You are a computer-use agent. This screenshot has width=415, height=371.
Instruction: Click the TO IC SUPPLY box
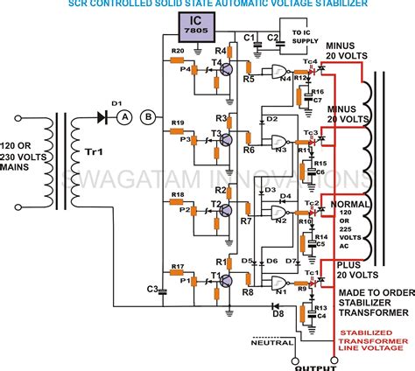coord(302,37)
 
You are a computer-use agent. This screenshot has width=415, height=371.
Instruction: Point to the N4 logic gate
coord(281,73)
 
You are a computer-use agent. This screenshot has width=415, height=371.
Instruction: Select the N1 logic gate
coord(281,282)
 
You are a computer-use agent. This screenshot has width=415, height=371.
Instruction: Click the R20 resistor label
coord(177,52)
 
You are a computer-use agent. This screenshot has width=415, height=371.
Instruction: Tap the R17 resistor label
coord(178,266)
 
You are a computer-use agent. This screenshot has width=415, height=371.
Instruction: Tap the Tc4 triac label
coord(310,60)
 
